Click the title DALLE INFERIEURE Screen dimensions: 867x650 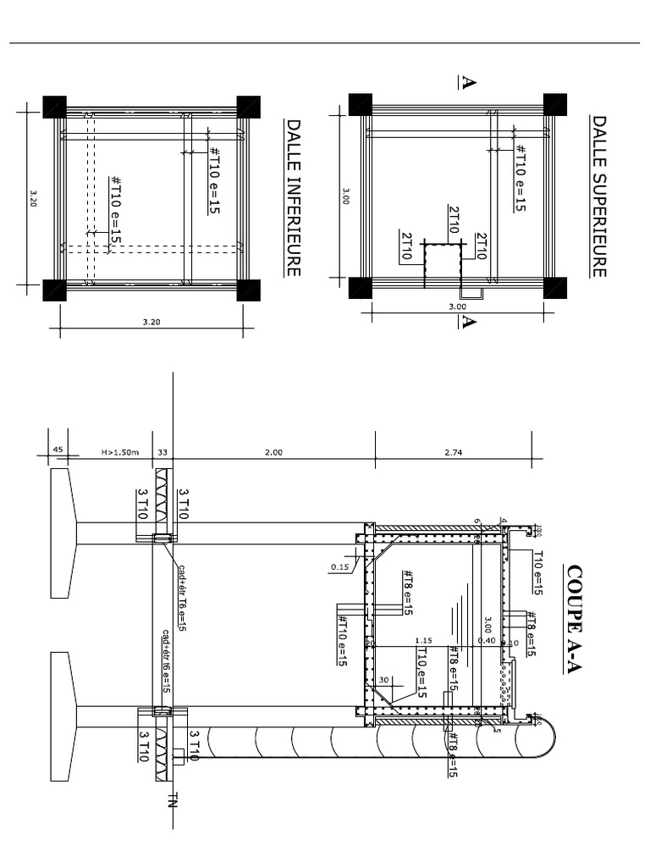coord(294,196)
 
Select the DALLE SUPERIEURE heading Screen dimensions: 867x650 coord(599,196)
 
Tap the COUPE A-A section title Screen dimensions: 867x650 coord(576,619)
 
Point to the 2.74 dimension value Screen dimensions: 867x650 coord(454,453)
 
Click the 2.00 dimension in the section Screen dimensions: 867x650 coord(273,453)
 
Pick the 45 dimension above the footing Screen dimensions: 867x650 coord(58,450)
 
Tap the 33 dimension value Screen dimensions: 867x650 coord(162,453)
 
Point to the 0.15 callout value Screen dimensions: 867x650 coord(340,566)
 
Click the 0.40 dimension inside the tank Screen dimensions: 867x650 coord(486,641)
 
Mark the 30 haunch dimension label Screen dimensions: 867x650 coord(383,680)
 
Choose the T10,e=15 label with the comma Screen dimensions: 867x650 coord(421,673)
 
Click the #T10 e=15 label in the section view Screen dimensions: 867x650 coord(343,639)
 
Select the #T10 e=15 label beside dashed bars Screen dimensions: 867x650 coord(116,212)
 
